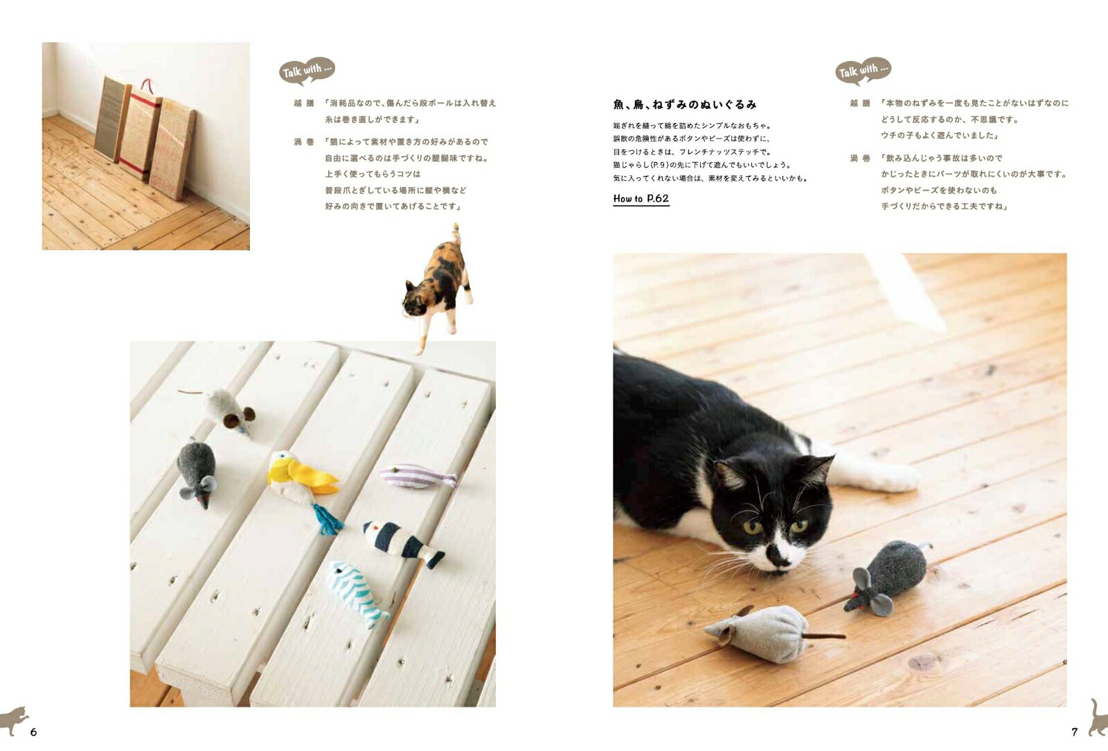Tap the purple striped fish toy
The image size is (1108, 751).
point(418,476)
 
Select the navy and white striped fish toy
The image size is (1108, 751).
point(402,542)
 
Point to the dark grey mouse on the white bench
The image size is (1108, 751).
point(197,471)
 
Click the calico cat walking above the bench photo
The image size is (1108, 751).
point(438,285)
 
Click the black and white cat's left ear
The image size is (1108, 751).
point(727,475)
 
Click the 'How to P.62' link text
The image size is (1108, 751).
point(641,199)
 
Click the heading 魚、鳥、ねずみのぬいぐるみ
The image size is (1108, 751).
point(684,105)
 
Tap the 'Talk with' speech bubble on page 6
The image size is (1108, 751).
point(307,70)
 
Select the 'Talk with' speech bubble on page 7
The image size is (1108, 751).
point(863,71)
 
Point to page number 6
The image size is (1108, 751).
point(33,732)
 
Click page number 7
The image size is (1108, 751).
point(1075,732)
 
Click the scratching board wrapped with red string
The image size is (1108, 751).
point(141,130)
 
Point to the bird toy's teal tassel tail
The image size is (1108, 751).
point(328,520)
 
